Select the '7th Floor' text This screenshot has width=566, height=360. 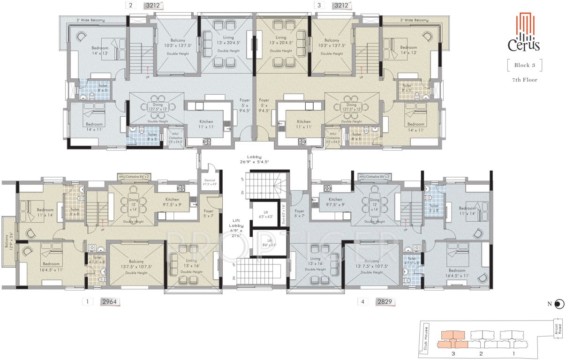click(524, 80)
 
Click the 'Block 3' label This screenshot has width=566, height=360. click(524, 65)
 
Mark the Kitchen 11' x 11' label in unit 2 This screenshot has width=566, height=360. click(206, 124)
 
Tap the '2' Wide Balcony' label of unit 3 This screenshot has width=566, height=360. click(414, 20)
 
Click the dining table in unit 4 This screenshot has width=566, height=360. click(374, 204)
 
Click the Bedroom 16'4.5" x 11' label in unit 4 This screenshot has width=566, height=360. click(456, 273)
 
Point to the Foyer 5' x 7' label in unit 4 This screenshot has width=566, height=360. click(299, 214)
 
